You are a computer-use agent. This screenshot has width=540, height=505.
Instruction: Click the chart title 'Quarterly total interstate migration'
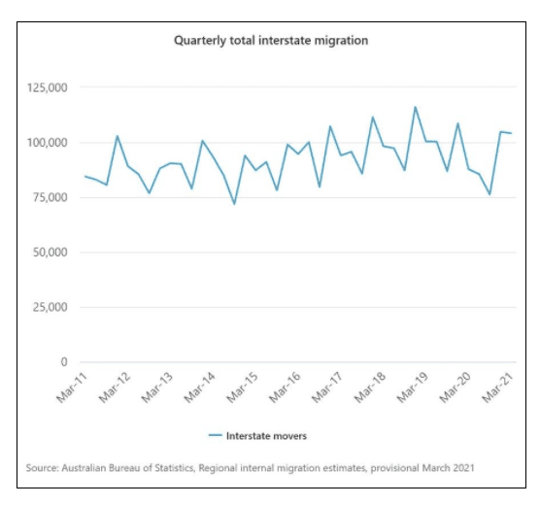(x=271, y=41)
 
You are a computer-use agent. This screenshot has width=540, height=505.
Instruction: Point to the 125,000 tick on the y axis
(x=48, y=87)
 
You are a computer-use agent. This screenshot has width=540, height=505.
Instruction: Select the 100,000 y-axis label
(x=48, y=142)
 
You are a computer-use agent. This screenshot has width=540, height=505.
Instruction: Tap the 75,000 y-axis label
(x=50, y=197)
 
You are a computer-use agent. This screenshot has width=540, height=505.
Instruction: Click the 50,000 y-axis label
(x=50, y=252)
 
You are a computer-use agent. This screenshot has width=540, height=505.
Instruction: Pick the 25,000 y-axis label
(x=50, y=307)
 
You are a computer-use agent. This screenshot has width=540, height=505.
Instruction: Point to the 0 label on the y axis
(x=64, y=362)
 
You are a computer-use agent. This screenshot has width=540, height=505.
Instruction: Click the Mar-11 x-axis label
(x=72, y=387)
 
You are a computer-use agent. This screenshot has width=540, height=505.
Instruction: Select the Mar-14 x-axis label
(x=199, y=387)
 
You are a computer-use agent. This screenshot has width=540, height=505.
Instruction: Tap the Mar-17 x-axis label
(x=327, y=387)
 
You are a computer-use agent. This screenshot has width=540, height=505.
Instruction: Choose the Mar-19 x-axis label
(x=412, y=387)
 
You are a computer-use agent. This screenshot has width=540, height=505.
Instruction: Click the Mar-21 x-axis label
(x=497, y=387)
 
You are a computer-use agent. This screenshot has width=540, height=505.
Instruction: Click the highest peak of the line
(x=416, y=107)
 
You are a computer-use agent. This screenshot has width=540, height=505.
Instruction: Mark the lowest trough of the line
(x=234, y=204)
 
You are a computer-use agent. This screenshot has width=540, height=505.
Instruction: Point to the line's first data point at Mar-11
(x=85, y=176)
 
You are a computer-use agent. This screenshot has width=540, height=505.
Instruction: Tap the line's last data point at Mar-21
(x=511, y=133)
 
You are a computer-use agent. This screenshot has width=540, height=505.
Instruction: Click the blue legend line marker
(x=216, y=435)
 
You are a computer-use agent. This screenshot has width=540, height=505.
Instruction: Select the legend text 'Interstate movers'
(x=266, y=436)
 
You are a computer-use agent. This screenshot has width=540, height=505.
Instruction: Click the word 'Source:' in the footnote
(x=43, y=468)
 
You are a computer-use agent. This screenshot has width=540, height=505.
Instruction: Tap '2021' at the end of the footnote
(x=463, y=468)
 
